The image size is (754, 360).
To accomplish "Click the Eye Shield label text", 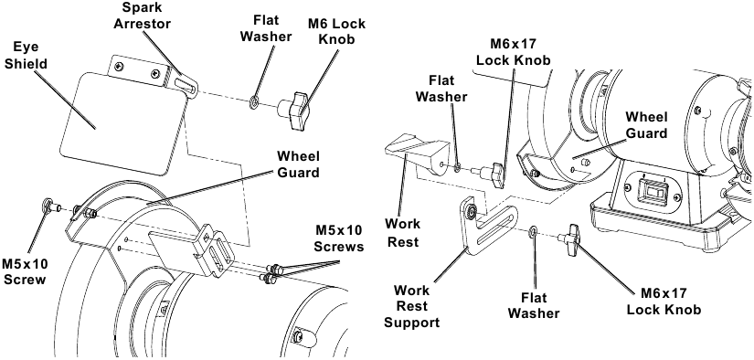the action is point(26,55).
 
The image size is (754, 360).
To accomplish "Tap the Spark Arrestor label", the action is point(143,16).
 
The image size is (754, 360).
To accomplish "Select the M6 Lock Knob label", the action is point(336,31).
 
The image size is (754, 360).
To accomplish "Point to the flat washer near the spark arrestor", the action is point(254,103).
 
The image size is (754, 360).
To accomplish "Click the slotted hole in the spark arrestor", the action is point(185,87).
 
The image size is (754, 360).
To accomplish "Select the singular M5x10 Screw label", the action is point(24,271).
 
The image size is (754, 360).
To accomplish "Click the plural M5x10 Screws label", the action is point(338,238).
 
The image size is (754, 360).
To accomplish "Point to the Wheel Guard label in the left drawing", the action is point(298,164).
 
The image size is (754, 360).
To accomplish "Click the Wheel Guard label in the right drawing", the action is point(646,124).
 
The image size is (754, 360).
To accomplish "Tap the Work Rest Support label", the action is point(411,306).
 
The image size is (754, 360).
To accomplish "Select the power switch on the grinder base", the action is point(654,192).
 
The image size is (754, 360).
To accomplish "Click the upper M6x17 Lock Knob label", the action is point(513,52).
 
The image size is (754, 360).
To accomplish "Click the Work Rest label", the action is point(403,233).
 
